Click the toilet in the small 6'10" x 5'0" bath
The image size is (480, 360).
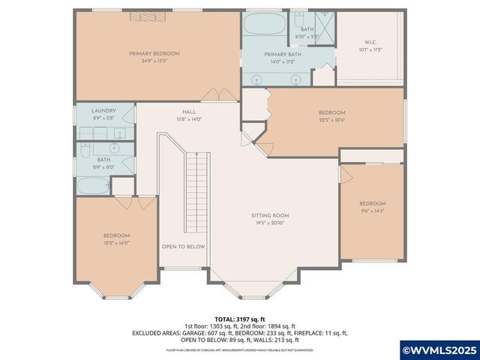298,18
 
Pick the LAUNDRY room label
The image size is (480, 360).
104,110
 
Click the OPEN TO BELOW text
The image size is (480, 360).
183,246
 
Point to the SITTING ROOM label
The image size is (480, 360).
269,215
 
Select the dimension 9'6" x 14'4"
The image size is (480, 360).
372,211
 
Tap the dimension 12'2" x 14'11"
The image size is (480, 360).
116,243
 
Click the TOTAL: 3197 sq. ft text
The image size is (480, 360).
239,319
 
